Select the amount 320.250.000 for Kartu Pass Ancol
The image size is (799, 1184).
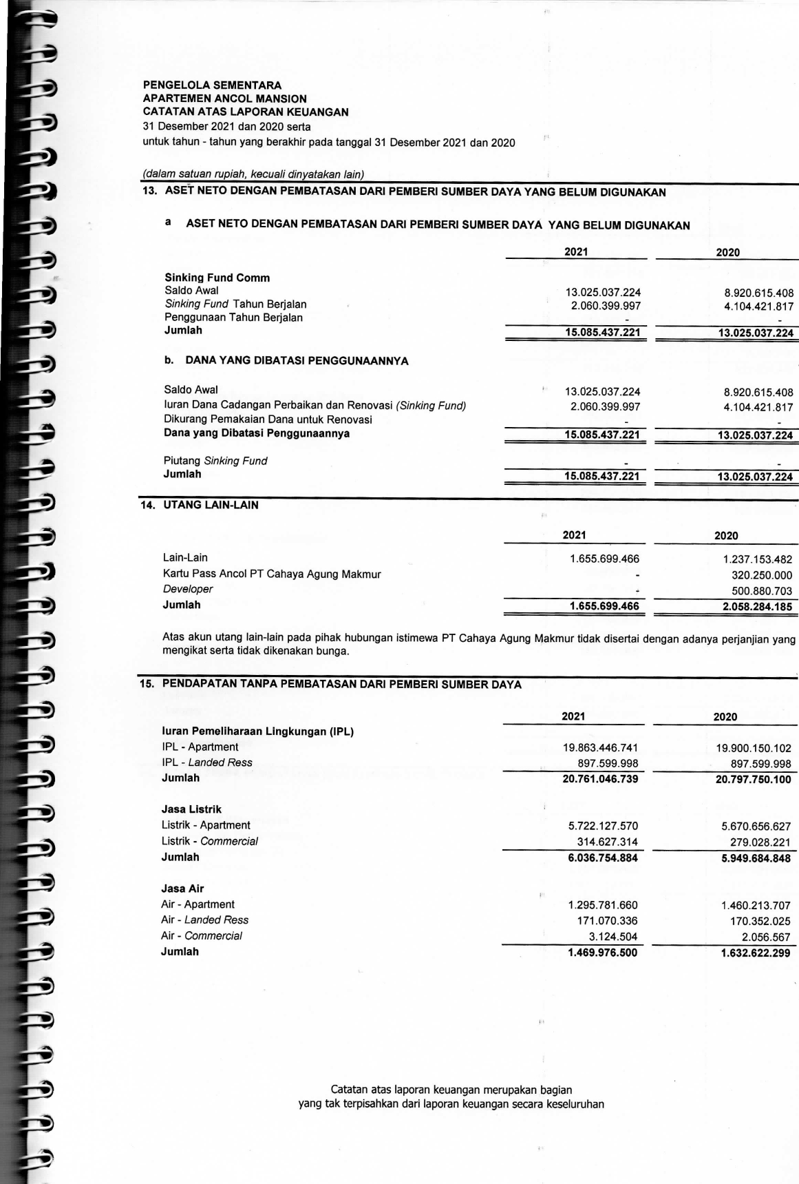click(x=761, y=576)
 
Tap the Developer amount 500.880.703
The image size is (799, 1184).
click(x=761, y=592)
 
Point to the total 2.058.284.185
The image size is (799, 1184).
click(x=756, y=607)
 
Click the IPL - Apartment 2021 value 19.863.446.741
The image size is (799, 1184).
click(x=600, y=747)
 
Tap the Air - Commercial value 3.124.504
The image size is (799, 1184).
click(x=612, y=937)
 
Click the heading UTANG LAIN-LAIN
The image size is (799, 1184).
click(x=211, y=505)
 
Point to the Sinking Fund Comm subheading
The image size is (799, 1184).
click(x=217, y=278)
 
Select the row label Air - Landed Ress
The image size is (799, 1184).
click(x=204, y=920)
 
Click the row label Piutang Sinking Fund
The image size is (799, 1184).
click(x=215, y=461)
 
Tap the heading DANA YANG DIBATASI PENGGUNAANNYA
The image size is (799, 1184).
click(x=297, y=360)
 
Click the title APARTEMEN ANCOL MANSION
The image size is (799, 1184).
click(x=224, y=98)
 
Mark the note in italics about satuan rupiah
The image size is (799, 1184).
click(x=253, y=174)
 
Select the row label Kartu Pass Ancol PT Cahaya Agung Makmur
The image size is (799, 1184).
click(x=271, y=574)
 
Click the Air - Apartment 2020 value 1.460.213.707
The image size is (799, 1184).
click(x=755, y=906)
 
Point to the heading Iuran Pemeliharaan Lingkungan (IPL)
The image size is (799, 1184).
click(x=257, y=731)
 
